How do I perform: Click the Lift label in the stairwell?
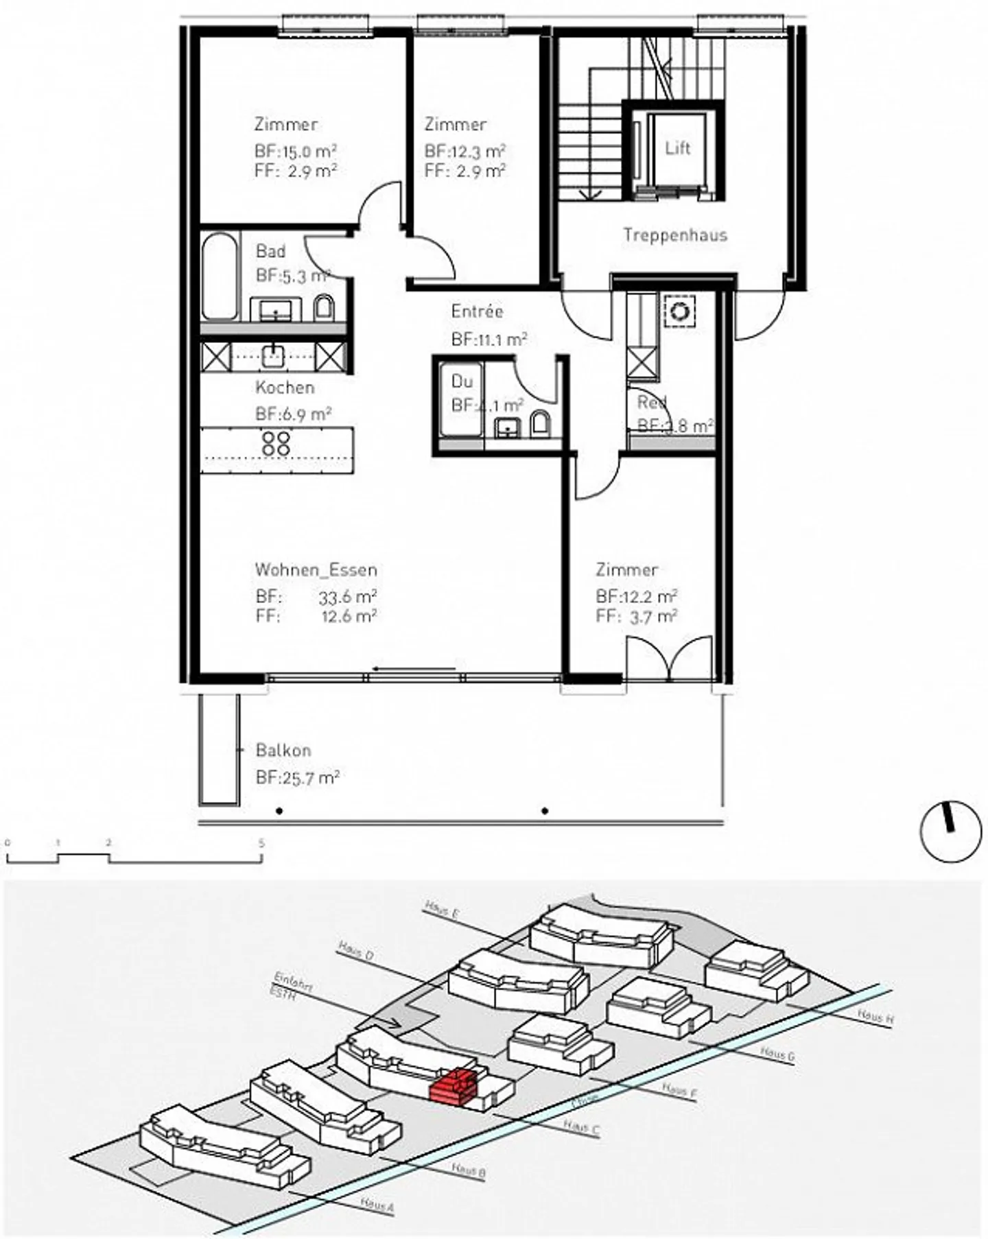[x=677, y=148]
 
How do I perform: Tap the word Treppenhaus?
[x=675, y=235]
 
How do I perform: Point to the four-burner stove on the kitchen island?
[x=276, y=443]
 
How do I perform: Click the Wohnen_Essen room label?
[x=316, y=570]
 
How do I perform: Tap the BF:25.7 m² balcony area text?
[x=298, y=778]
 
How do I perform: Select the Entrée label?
[x=477, y=311]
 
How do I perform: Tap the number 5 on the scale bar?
[x=261, y=843]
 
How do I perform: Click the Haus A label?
[x=377, y=1204]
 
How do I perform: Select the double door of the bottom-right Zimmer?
[x=670, y=659]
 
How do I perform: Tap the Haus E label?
[x=441, y=910]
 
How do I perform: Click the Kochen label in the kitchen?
[x=285, y=388]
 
